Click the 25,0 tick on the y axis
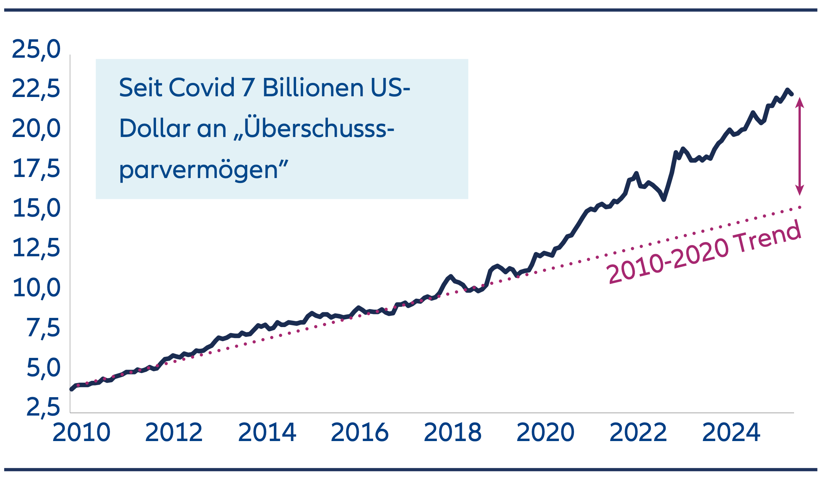(x=36, y=49)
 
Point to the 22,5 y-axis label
(x=36, y=89)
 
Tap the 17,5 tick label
(x=36, y=169)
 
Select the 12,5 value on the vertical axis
(x=36, y=248)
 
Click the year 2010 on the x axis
(x=81, y=433)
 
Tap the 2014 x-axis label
(x=267, y=433)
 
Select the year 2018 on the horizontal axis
(x=452, y=433)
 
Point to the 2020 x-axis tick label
(x=545, y=433)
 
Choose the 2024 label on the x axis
(x=731, y=433)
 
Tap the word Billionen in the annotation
(x=313, y=87)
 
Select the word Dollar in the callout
(x=155, y=128)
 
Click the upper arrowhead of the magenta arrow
(x=800, y=103)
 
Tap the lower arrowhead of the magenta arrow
(x=800, y=190)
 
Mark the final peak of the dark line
(x=787, y=90)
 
